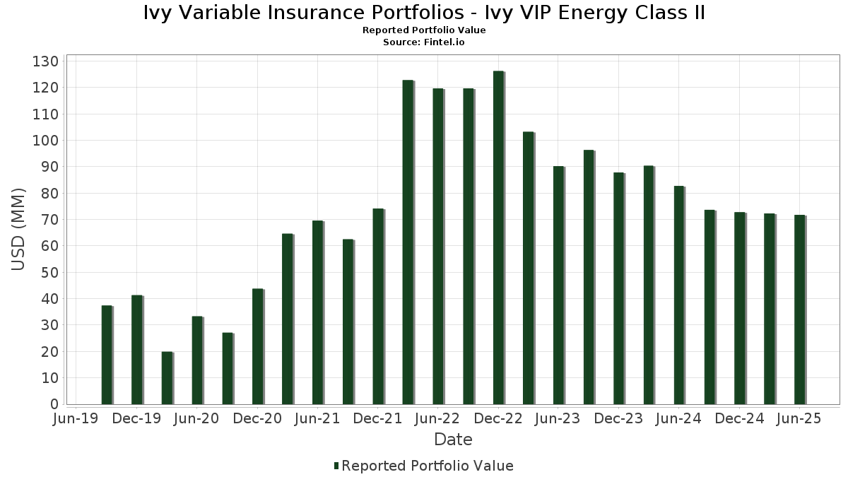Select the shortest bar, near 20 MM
pos(167,378)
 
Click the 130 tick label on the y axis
pos(45,61)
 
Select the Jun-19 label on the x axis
pos(76,418)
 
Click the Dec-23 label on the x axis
pos(618,418)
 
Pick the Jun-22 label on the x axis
pos(438,418)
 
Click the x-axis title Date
pos(453,440)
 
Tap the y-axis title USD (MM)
pos(18,230)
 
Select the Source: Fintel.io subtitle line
pos(424,42)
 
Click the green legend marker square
pos(336,466)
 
